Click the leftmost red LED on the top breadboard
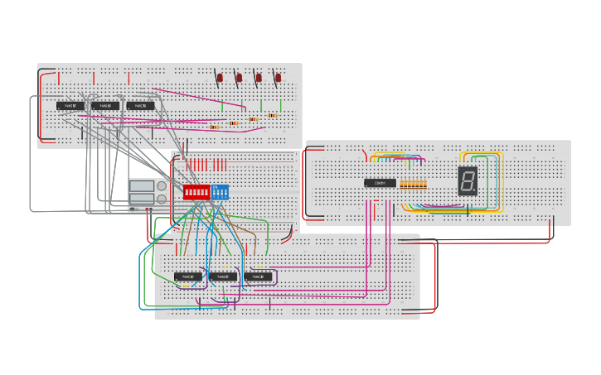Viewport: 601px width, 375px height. (x=220, y=78)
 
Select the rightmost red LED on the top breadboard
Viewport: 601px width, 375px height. (x=278, y=78)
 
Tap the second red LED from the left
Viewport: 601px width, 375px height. (x=240, y=78)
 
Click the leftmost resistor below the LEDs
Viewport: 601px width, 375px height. (x=215, y=127)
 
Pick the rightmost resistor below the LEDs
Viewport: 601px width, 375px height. (x=272, y=115)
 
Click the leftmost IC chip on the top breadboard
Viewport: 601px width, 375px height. (x=70, y=106)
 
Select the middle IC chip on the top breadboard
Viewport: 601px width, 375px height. (x=105, y=106)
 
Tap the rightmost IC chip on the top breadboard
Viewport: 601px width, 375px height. (x=140, y=106)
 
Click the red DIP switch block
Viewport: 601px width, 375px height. (x=196, y=192)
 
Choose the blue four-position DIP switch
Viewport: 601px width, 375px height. (x=220, y=192)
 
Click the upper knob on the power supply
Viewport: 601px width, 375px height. (x=162, y=186)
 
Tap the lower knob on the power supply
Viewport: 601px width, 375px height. (x=162, y=200)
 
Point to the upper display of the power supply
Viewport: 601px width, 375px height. (x=142, y=186)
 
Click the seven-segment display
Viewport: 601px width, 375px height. (x=468, y=180)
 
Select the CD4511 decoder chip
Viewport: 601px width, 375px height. (x=380, y=183)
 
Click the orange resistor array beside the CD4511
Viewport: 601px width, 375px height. (x=413, y=184)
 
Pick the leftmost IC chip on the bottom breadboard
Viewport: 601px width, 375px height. (x=187, y=276)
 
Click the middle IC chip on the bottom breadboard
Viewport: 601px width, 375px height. (x=222, y=276)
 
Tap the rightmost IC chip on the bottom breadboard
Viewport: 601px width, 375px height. (x=258, y=276)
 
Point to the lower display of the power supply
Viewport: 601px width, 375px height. (x=142, y=200)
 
